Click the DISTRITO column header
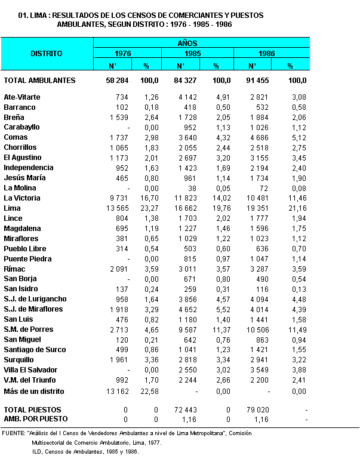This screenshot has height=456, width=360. coord(47,54)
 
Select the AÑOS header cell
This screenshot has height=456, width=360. coord(187,43)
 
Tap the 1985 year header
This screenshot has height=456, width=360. coord(187,53)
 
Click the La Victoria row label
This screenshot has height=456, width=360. coord(22,198)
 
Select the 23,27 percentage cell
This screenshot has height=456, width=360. coord(149,208)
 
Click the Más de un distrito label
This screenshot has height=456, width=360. coord(33,392)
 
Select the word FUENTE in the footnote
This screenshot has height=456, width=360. coord(13,433)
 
